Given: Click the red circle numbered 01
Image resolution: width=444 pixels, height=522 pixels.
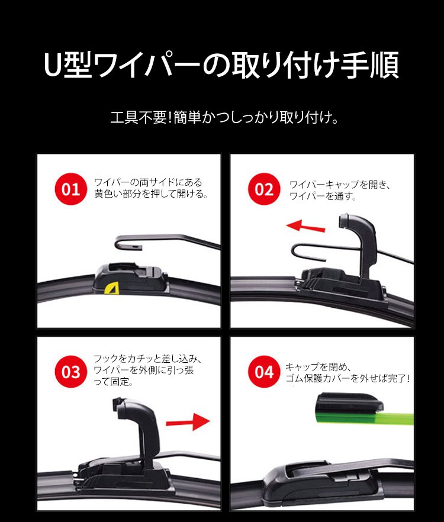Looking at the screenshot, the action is [71, 189].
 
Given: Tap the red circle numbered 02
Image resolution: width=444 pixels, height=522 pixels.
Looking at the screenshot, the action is [264, 189].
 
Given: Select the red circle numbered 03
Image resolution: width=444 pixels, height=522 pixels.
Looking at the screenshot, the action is [71, 372].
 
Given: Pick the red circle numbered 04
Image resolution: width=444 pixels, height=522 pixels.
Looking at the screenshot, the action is [264, 372].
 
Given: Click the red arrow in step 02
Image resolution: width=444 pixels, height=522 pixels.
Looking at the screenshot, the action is [306, 226].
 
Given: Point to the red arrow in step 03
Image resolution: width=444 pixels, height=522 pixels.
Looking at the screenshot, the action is [188, 422].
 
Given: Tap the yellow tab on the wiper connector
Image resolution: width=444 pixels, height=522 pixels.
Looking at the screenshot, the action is [111, 288].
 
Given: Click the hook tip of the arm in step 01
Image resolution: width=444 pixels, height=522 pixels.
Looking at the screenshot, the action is [139, 247].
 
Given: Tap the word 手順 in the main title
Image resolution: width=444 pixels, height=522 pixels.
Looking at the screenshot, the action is [370, 65].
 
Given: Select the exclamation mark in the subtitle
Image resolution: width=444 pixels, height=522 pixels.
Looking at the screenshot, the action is [170, 118].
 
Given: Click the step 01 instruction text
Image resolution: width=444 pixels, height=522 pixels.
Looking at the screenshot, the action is [151, 188].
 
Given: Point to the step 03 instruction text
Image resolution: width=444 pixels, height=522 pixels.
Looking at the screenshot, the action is [148, 370].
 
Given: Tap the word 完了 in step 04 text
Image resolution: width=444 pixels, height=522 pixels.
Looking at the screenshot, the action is [397, 378].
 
